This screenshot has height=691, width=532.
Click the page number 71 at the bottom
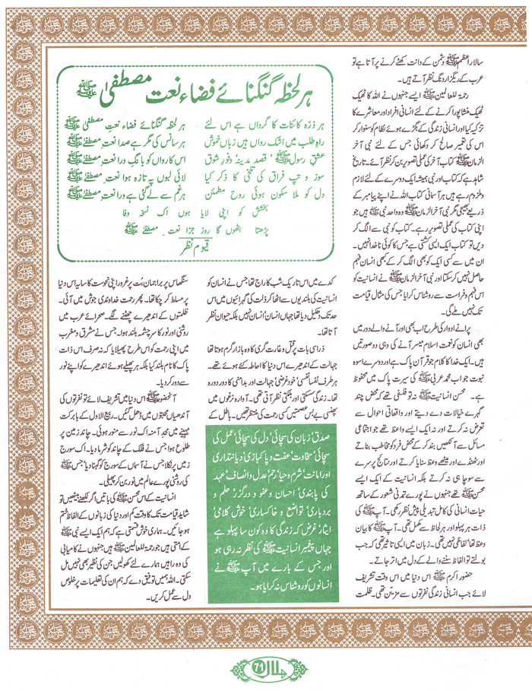click(267, 670)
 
